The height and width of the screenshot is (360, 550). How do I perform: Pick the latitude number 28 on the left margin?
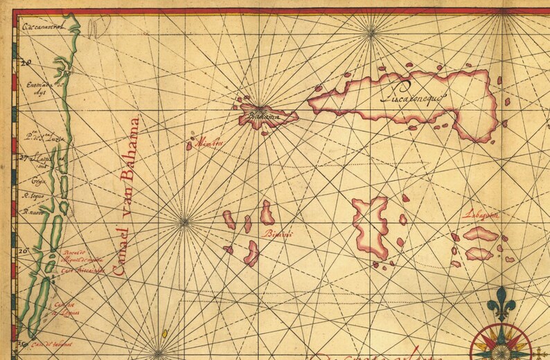coord(27,63)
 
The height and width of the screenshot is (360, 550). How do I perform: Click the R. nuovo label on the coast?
coord(33,213)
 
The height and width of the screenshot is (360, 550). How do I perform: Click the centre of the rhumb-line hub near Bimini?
coord(184,222)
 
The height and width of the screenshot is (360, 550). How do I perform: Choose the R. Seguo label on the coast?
coord(34,196)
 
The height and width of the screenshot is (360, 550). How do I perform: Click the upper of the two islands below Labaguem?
coord(481,234)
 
